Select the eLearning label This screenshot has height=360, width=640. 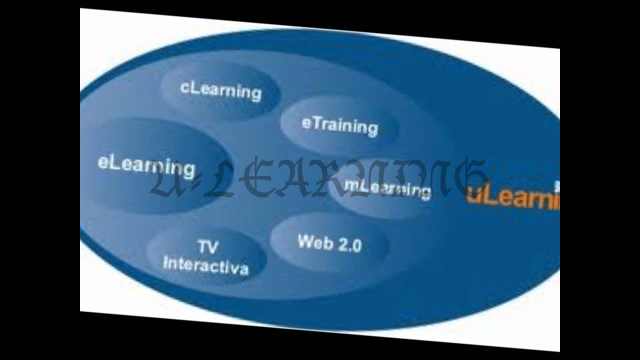point(146,166)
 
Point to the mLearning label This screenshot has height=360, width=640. point(387,187)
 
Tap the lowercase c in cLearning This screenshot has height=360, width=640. point(183,87)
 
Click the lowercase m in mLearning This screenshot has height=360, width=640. point(350,184)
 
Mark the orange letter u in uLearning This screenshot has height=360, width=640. point(471,195)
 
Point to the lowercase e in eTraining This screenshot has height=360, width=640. point(306,123)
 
